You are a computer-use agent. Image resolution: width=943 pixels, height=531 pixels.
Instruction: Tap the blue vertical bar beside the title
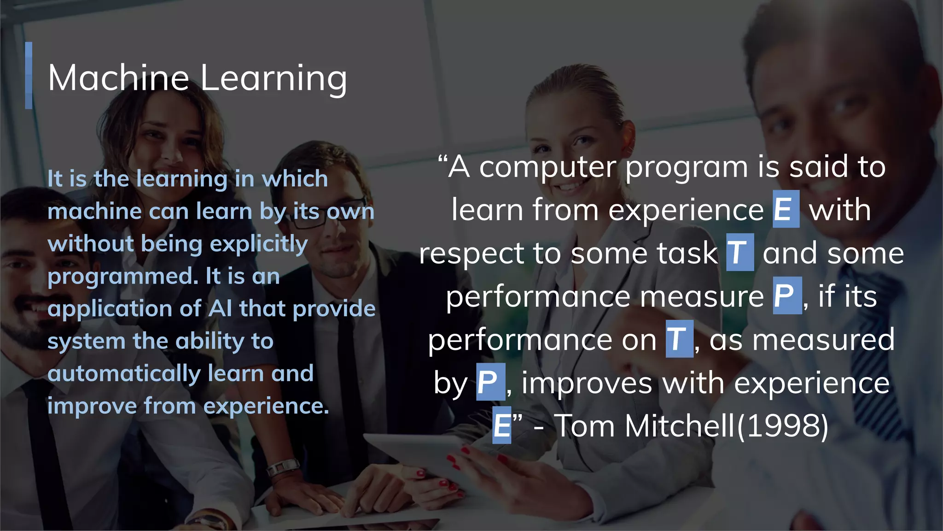coord(29,76)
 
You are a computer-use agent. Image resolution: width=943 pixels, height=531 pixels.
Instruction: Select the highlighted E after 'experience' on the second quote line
coord(786,209)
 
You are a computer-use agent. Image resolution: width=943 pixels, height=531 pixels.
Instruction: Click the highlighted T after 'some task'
coord(739,253)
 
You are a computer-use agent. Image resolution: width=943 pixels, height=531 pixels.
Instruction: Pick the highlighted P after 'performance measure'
coord(786,295)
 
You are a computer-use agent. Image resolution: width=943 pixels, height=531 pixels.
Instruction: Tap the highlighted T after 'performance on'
coord(679,339)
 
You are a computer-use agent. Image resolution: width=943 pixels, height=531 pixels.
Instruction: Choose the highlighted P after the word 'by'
coord(490,382)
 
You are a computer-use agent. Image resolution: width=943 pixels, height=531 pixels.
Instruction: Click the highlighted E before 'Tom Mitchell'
coord(501,425)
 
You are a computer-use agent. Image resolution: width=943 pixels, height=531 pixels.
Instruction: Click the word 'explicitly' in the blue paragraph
coord(259,244)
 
